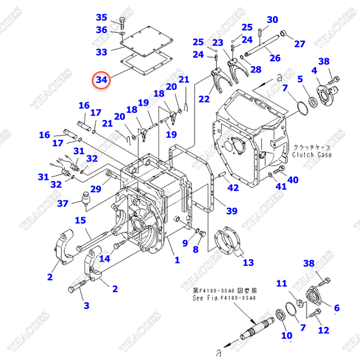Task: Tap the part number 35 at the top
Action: (101, 17)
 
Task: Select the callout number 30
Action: (272, 19)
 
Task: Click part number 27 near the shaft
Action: (299, 43)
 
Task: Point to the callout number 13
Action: (248, 262)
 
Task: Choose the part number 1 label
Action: (177, 260)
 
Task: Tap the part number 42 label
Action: (233, 188)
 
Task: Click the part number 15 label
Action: (80, 221)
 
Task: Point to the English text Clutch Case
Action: (312, 155)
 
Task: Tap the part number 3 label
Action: (86, 305)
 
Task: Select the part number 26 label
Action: (274, 58)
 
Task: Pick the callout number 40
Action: (293, 179)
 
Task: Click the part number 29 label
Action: (96, 189)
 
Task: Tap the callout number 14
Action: (105, 259)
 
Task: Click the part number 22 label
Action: (205, 99)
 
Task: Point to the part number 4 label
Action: (314, 71)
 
